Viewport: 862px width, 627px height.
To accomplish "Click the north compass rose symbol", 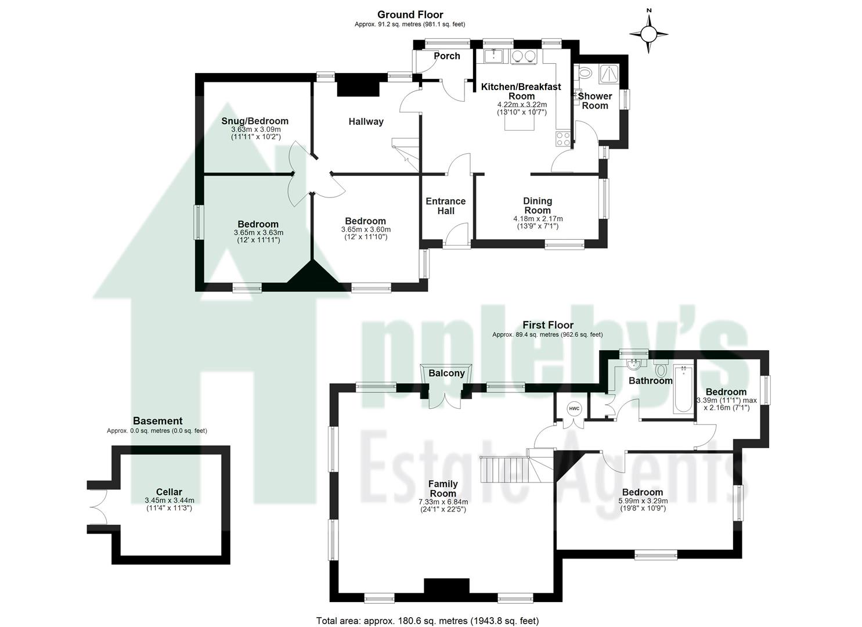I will [649, 34].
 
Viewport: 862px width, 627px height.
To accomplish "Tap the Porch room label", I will [447, 56].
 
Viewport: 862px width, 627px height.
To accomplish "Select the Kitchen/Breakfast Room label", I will [521, 91].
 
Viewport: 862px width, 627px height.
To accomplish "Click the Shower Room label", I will [595, 100].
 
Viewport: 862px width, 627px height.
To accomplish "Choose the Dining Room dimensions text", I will [538, 222].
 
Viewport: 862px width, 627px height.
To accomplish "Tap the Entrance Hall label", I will [446, 206].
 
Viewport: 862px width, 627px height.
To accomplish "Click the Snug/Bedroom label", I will [255, 121].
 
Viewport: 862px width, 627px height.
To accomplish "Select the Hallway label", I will [366, 121].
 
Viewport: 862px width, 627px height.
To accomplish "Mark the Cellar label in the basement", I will [169, 491].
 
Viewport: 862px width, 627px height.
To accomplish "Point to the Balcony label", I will [446, 373].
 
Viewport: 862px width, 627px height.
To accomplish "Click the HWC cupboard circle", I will [574, 409].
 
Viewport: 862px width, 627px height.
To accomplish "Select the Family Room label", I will [443, 488].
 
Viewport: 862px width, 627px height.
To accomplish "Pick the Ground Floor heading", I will [410, 15].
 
